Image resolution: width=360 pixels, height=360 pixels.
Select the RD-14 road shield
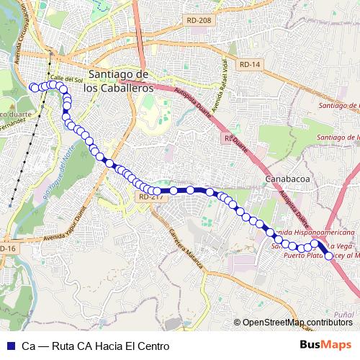coord(249,65)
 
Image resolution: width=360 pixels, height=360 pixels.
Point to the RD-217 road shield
coord(149,196)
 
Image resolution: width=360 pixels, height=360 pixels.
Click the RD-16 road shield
coord(7,248)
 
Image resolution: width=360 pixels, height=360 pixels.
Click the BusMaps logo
coord(325,345)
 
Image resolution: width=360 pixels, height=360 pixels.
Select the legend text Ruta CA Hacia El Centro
coord(95,346)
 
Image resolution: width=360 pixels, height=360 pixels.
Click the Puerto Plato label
coord(302,255)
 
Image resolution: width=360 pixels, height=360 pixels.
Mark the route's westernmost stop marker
coord(32,87)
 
